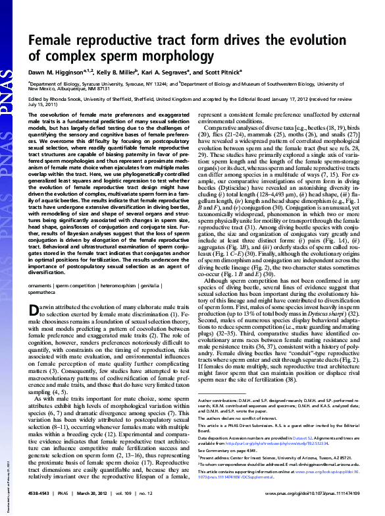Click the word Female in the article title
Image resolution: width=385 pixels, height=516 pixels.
point(51,41)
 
